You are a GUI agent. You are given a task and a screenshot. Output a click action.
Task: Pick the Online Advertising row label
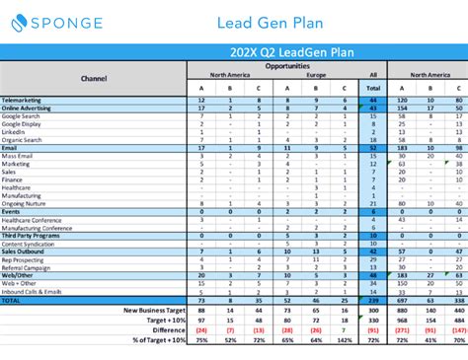29,108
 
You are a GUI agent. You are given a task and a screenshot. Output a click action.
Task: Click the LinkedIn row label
17,132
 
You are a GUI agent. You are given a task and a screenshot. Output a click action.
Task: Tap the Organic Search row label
23,140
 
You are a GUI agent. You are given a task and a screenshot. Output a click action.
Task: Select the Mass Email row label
19,156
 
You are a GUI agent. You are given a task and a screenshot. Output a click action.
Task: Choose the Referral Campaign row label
28,266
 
